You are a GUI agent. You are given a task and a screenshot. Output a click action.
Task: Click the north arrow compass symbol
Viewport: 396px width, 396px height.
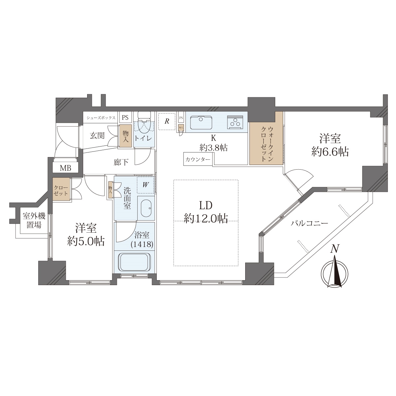pyautogui.click(x=335, y=271)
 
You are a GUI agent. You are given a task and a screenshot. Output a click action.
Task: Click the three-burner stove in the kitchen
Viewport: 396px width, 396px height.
pyautogui.click(x=235, y=122)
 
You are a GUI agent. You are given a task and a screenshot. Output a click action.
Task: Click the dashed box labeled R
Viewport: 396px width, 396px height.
pyautogui.click(x=167, y=121)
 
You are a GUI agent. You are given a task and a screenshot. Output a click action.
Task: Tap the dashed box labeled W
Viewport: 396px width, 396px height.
pyautogui.click(x=145, y=184)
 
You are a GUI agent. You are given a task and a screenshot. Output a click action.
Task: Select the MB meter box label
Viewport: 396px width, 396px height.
pyautogui.click(x=65, y=168)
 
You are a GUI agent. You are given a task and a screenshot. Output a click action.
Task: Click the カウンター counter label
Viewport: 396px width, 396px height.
pyautogui.click(x=198, y=159)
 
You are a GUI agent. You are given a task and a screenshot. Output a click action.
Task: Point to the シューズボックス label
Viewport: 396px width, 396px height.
pyautogui.click(x=101, y=118)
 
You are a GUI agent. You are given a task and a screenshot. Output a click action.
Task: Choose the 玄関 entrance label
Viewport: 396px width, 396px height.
pyautogui.click(x=97, y=136)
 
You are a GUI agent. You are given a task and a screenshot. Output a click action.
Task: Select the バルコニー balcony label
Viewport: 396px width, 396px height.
pyautogui.click(x=309, y=223)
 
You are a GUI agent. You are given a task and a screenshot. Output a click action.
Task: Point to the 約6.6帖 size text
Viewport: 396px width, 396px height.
pyautogui.click(x=330, y=152)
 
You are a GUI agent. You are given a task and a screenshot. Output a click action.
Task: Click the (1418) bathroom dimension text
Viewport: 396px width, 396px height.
pyautogui.click(x=142, y=244)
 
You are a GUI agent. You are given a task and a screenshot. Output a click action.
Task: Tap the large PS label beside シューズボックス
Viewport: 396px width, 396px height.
pyautogui.click(x=125, y=117)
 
